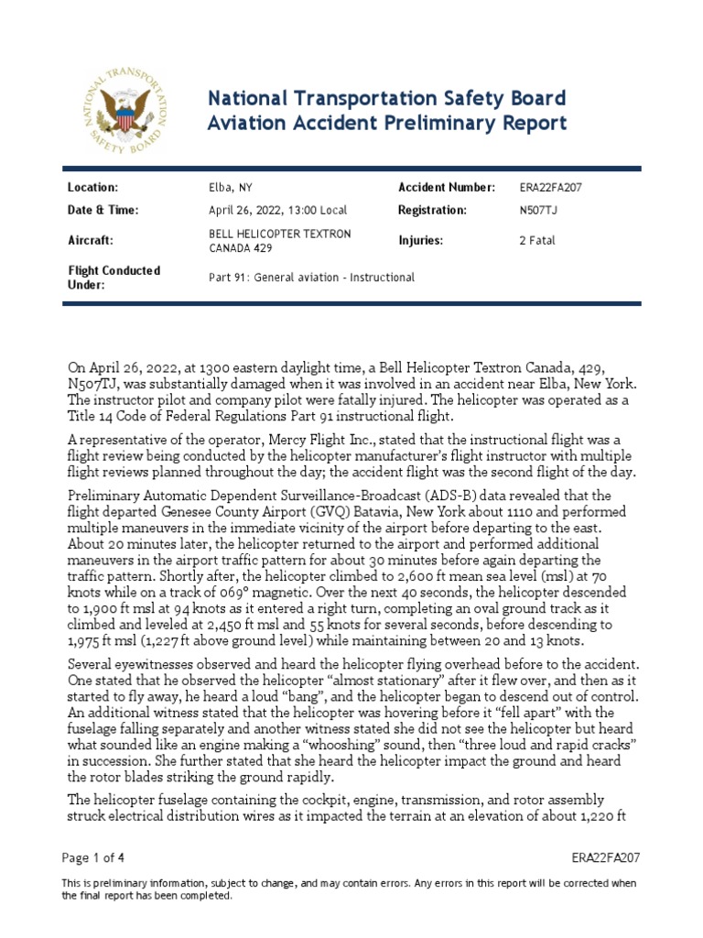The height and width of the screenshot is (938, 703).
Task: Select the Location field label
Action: (94, 188)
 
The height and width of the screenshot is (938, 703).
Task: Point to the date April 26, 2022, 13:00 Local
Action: (278, 211)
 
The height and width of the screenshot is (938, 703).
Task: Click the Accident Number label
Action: (447, 188)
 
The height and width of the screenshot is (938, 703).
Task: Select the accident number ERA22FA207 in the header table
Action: (550, 188)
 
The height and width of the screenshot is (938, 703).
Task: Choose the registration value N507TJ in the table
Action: (538, 211)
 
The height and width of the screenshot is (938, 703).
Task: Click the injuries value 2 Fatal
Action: (536, 241)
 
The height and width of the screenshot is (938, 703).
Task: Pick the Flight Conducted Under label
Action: (114, 278)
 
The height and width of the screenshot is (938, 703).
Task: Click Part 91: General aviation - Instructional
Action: (312, 278)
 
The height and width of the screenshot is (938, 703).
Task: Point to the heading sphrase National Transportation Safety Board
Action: (388, 98)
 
